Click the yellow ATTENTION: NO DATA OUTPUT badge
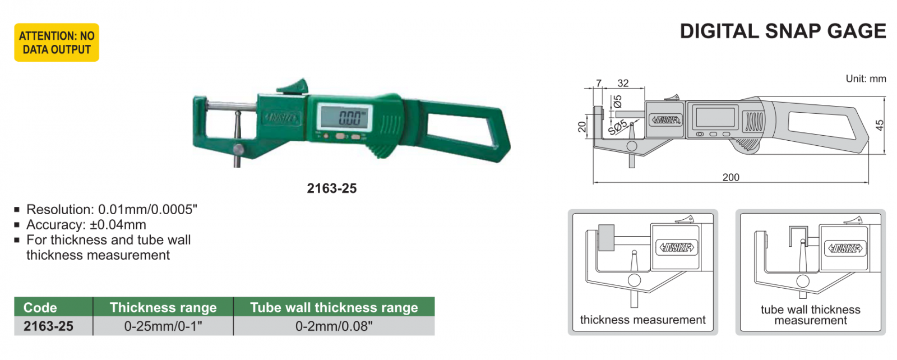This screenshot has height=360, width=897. click(57, 43)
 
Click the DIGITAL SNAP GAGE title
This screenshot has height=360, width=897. click(783, 31)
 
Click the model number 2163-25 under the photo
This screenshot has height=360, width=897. click(331, 188)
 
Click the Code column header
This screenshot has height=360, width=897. click(40, 307)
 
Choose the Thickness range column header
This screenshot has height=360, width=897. click(163, 307)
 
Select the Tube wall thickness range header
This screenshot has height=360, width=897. click(334, 307)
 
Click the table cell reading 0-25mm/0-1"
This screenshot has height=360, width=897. click(163, 326)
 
